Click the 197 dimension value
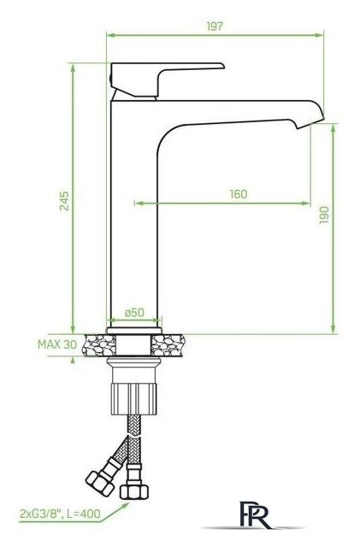tap(215, 26)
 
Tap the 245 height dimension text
tap(64, 201)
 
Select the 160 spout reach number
tap(239, 194)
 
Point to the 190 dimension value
tap(324, 215)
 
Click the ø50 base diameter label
tap(134, 312)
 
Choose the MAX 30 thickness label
tap(57, 344)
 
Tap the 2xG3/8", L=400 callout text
tap(60, 514)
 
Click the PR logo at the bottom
tap(255, 515)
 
